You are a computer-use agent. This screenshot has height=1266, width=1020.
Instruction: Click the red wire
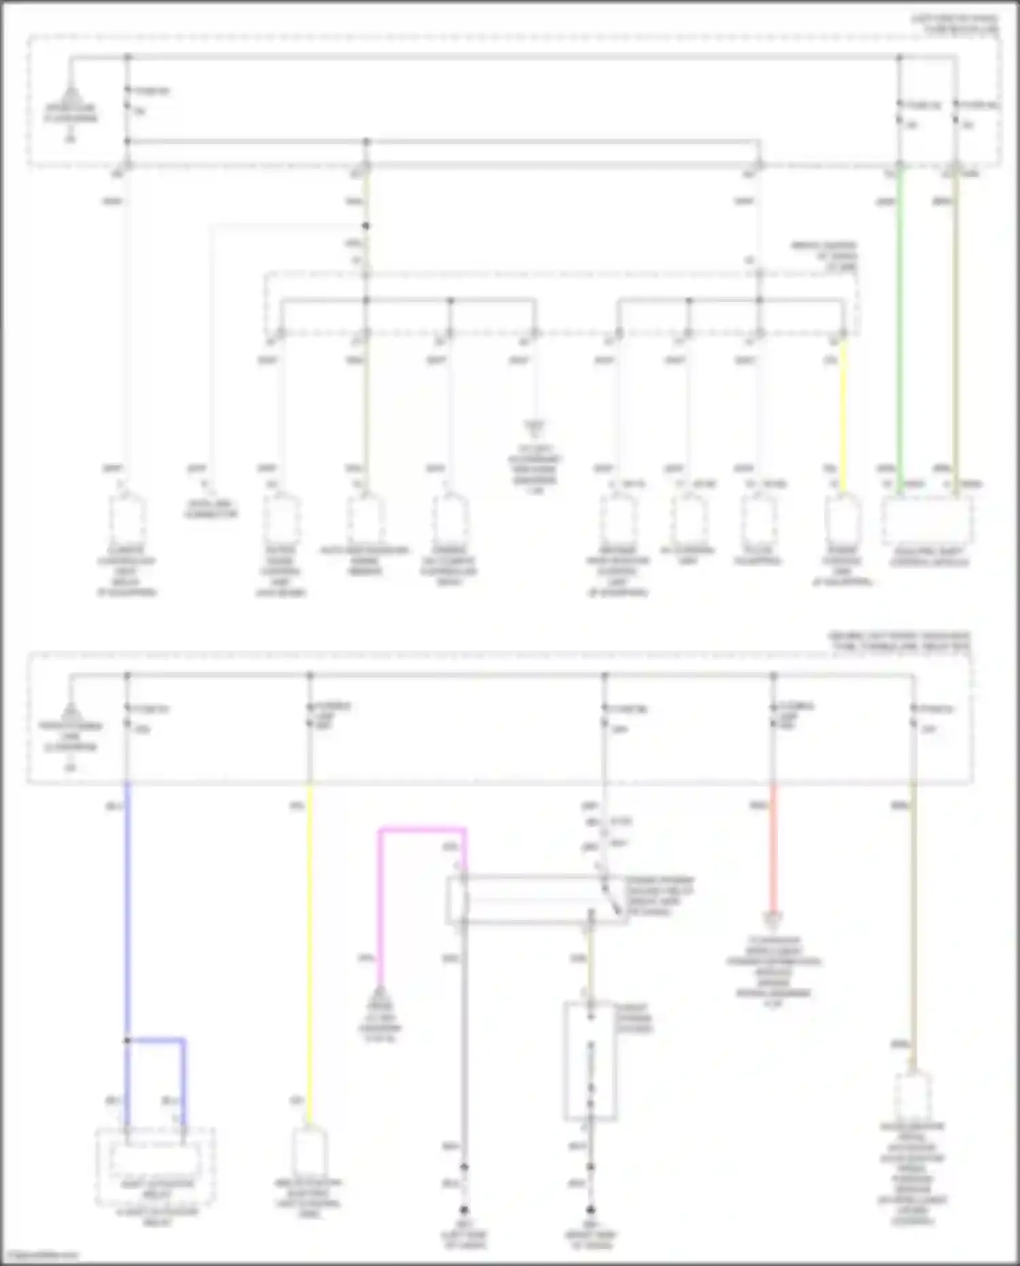773,850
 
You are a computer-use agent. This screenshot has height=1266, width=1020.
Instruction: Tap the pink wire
381,905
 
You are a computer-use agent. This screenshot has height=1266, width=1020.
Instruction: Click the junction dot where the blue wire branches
127,1040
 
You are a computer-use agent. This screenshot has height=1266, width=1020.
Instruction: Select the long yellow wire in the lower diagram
309,952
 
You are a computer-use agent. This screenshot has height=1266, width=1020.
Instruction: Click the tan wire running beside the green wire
955,327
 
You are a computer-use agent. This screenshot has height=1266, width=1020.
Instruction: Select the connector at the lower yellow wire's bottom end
309,1153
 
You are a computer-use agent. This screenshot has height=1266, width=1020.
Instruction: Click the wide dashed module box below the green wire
927,520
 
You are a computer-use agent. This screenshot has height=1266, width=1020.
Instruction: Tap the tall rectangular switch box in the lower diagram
590,1061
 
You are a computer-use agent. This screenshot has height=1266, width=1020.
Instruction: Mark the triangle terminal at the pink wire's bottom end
381,995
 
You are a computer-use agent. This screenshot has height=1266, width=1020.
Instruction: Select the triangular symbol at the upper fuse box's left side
70,95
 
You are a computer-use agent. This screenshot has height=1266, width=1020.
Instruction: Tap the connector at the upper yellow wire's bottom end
843,517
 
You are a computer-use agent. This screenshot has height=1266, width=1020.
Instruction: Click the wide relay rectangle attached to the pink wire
537,899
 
